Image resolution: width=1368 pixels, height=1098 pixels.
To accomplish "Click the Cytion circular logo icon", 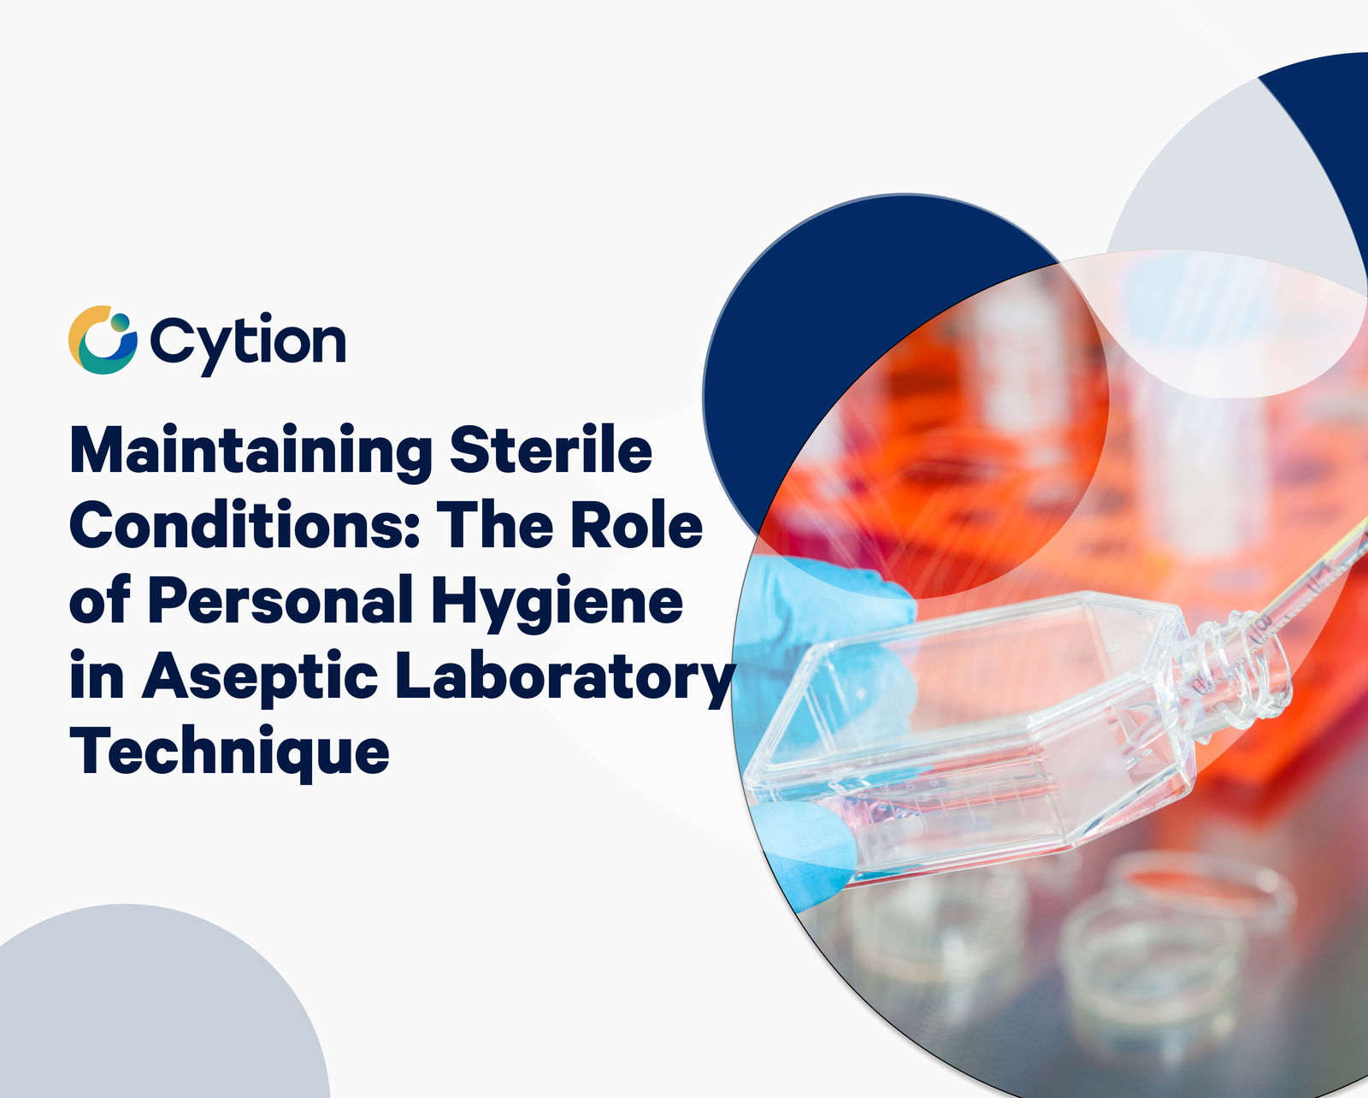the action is [x=103, y=339].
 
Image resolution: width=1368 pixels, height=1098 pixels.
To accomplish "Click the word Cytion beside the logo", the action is [x=248, y=344].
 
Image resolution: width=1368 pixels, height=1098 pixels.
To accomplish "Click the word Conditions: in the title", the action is [x=245, y=525].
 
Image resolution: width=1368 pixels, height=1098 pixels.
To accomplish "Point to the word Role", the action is [x=636, y=525].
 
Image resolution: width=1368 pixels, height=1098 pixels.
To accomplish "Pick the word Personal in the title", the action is [x=281, y=599].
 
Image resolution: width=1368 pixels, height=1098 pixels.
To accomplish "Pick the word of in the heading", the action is [x=100, y=599].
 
